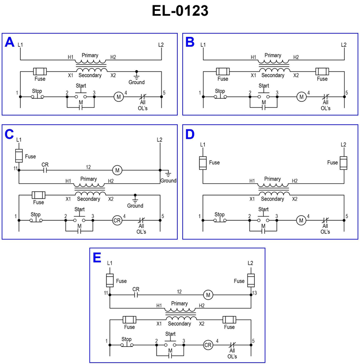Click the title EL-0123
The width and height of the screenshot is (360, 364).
[x=180, y=11]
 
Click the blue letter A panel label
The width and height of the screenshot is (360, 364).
[x=9, y=42]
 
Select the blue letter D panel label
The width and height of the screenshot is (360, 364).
[x=190, y=135]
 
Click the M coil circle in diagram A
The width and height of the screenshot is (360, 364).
[x=118, y=96]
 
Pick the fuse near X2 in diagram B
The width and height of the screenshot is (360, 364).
[x=322, y=71]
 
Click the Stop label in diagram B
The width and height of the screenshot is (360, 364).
[x=220, y=91]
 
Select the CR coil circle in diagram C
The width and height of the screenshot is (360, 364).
[x=117, y=220]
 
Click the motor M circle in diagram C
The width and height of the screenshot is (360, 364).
[x=117, y=170]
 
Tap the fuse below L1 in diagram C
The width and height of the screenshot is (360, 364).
[x=19, y=156]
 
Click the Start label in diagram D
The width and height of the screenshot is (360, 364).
[x=264, y=209]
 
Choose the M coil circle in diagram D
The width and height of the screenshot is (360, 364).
[x=301, y=220]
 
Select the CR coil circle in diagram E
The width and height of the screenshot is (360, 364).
[x=208, y=345]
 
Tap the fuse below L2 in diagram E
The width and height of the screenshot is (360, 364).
[x=251, y=280]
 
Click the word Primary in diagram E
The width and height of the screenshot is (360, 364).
[x=179, y=303]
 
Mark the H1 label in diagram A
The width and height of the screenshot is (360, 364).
[x=71, y=57]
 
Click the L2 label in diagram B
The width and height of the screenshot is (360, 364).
[x=343, y=45]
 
